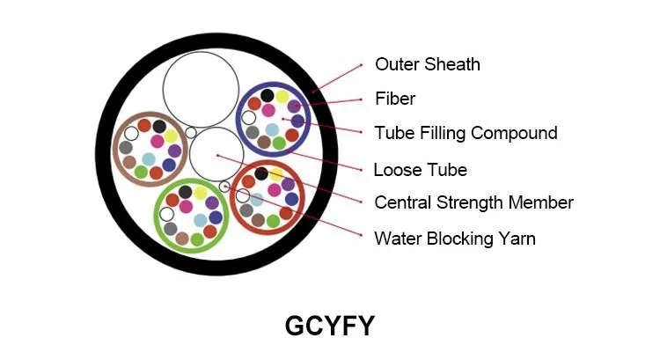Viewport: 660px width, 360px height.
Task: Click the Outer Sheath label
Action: (427, 64)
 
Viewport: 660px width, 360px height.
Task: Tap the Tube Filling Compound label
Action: (466, 133)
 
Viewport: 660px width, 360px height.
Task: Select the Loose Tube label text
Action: (420, 170)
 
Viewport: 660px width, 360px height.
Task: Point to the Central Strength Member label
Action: (473, 202)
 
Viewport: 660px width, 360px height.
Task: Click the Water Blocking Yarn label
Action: (455, 239)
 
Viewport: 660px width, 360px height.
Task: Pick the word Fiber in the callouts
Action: (395, 99)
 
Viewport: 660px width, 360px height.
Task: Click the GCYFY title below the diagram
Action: (330, 326)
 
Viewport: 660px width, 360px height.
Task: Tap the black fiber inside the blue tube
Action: (267, 96)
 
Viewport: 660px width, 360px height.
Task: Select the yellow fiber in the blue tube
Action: (282, 97)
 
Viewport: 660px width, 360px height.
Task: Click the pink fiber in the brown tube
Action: (157, 141)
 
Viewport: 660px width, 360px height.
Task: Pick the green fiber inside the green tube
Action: (197, 239)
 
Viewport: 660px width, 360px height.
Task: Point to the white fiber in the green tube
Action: (166, 214)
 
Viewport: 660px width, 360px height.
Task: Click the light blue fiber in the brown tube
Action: (149, 159)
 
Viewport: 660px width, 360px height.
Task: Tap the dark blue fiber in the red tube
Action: (291, 199)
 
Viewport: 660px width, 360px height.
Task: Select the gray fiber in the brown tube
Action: (126, 147)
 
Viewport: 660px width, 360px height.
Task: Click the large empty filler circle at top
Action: (201, 89)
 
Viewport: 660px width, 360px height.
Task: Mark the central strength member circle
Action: (216, 155)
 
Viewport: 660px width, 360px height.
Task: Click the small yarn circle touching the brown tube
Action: (191, 133)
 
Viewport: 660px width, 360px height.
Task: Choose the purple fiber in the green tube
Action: (212, 203)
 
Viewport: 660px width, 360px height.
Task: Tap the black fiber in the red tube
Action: (261, 173)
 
